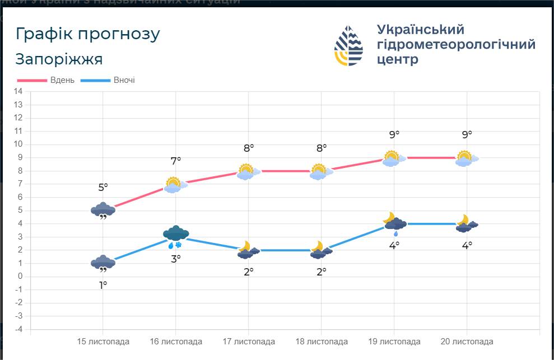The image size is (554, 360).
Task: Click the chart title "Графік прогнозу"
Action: point(88,34)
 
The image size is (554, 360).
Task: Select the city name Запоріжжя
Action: point(59,59)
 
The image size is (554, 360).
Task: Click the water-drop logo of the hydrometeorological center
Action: point(348,45)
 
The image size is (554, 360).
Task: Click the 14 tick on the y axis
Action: point(18,91)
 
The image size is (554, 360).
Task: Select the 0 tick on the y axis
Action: point(20,277)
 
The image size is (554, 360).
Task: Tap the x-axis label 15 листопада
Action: point(103,342)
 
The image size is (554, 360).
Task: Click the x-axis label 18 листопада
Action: point(322,342)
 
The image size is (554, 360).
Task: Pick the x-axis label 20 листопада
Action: point(467,342)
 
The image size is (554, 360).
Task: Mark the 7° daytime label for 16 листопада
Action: point(176,161)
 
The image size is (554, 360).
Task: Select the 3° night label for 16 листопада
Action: point(176,259)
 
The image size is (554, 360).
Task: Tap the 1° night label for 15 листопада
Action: point(103,285)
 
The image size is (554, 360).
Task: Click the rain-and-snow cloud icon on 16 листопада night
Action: point(176,236)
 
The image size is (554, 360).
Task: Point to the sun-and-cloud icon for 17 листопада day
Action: point(248,172)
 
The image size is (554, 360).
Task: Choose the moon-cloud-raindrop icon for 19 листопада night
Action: point(394,223)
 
